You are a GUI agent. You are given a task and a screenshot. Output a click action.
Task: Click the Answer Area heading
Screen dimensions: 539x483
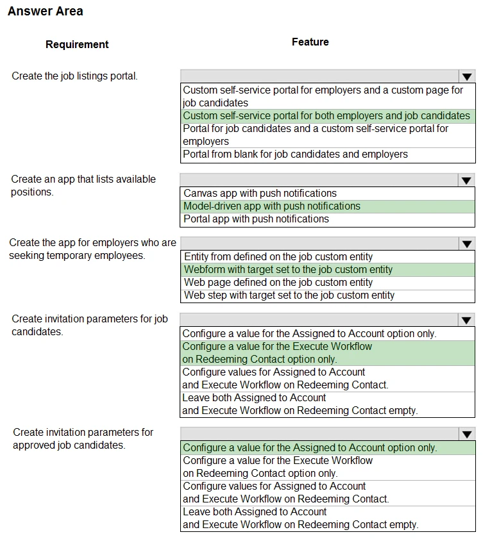click(x=46, y=12)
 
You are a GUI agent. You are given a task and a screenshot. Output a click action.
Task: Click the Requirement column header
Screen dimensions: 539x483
click(x=77, y=44)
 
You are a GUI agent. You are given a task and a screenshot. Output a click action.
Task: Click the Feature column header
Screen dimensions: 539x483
click(x=310, y=42)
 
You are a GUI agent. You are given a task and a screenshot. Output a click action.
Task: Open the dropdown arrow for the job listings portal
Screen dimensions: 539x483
click(x=466, y=76)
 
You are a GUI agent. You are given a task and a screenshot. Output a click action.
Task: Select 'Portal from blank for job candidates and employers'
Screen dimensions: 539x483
click(x=295, y=154)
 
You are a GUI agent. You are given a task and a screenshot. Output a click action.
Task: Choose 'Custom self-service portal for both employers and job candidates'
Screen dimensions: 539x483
click(x=326, y=116)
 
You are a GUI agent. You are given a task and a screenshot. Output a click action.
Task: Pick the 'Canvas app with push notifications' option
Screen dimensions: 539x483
click(x=260, y=193)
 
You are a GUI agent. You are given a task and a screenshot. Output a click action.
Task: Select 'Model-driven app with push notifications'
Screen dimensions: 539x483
click(x=272, y=206)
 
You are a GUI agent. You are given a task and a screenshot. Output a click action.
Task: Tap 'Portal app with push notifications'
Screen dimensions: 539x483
click(x=256, y=219)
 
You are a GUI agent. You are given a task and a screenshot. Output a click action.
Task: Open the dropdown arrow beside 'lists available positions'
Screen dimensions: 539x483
click(x=466, y=180)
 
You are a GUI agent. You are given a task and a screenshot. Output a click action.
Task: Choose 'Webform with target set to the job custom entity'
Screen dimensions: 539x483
click(x=288, y=269)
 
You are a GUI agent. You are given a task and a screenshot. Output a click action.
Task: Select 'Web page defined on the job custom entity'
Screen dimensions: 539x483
click(x=278, y=282)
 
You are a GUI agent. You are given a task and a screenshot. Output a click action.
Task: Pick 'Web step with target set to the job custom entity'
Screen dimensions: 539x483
click(x=289, y=295)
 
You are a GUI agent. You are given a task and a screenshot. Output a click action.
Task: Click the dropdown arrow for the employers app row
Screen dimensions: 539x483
click(x=466, y=244)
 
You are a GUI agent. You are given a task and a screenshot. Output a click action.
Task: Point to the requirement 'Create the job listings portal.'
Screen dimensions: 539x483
click(x=74, y=76)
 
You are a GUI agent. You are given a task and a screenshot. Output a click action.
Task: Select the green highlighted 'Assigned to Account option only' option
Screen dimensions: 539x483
click(x=310, y=447)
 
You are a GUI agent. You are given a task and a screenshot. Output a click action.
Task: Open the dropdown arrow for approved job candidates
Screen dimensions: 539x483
click(x=466, y=434)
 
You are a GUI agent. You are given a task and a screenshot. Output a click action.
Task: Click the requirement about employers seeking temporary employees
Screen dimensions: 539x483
click(x=92, y=249)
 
